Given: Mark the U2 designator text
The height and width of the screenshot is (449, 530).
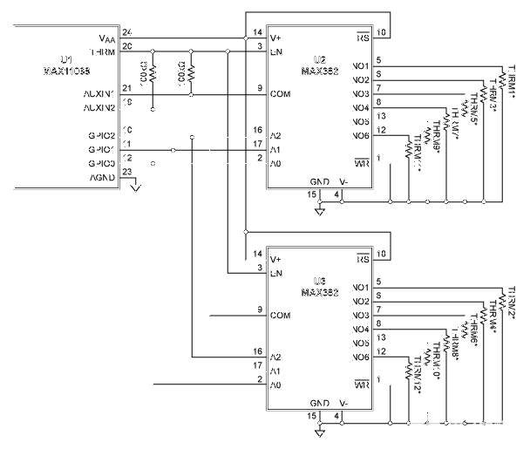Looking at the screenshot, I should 320,60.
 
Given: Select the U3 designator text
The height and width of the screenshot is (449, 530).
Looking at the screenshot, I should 319,281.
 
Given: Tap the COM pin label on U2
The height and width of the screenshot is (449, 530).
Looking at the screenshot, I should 280,92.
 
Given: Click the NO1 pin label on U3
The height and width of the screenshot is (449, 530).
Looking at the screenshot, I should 360,287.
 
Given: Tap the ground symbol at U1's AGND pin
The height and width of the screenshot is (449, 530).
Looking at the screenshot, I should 135,185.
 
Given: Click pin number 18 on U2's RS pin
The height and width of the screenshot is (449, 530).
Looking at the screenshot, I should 381,32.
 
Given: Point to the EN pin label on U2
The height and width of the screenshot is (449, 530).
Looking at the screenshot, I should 276,51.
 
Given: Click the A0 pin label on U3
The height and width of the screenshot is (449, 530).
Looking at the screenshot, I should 276,384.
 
